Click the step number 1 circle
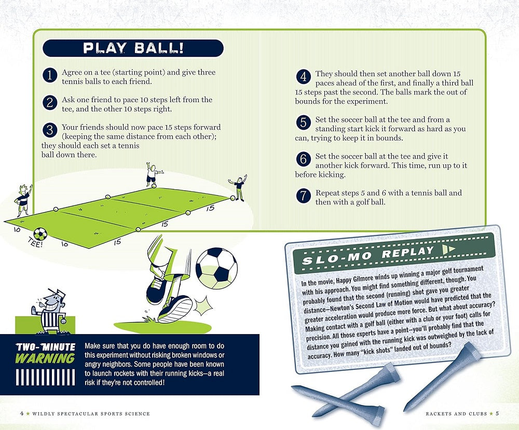[49, 76]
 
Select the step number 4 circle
[303, 77]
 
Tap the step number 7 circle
[303, 196]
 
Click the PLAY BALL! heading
[133, 48]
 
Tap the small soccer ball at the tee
[40, 234]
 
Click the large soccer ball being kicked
[216, 267]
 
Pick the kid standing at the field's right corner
[238, 189]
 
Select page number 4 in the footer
[21, 413]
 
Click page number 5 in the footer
[497, 413]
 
